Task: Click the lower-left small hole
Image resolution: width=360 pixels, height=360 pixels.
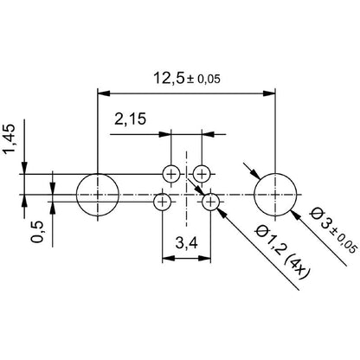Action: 162,202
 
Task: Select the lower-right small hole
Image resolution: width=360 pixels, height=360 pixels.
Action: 211,202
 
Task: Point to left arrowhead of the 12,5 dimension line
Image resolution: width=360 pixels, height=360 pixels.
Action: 104,91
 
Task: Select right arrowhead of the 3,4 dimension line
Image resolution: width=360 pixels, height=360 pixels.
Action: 206,256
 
